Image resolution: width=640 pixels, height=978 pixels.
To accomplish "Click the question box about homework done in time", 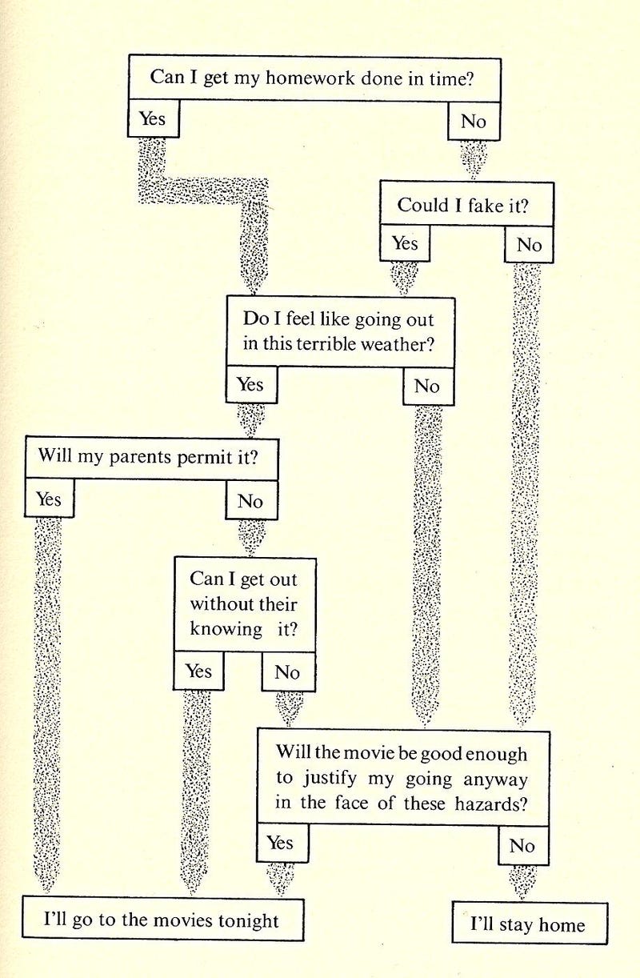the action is tap(314, 78).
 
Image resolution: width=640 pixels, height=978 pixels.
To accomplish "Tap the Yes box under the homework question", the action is tap(154, 118).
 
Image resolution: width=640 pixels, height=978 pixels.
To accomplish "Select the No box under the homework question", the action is tap(474, 121).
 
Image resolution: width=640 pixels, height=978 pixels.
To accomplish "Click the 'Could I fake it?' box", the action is tap(466, 204).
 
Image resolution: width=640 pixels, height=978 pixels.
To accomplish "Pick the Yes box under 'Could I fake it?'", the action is tap(405, 242).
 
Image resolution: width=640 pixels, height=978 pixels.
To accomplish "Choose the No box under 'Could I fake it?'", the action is tap(529, 245).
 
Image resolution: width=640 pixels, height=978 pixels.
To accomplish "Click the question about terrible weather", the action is tap(341, 332).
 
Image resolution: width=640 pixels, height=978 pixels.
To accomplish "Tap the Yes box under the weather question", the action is tap(251, 384).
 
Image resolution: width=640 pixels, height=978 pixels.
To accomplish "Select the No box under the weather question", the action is tap(428, 386).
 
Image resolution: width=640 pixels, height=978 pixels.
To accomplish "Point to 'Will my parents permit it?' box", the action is tap(151, 458).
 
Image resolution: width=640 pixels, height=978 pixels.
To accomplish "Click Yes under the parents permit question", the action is tap(50, 498).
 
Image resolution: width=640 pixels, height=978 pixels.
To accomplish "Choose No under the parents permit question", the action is tap(251, 500).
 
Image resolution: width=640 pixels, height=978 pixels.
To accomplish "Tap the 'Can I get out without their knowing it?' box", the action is tap(245, 605).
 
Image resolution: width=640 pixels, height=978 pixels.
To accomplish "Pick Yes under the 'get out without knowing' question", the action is tap(198, 671).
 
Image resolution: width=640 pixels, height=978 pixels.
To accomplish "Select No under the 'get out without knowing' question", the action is tap(288, 672).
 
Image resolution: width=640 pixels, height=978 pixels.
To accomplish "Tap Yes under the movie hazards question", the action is tap(282, 843).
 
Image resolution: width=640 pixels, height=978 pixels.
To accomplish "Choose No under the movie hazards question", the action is tap(523, 845).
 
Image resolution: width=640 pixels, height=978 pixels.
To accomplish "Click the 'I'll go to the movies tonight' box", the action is tap(163, 919).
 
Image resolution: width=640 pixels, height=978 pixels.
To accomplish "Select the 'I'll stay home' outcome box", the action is tap(530, 923).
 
